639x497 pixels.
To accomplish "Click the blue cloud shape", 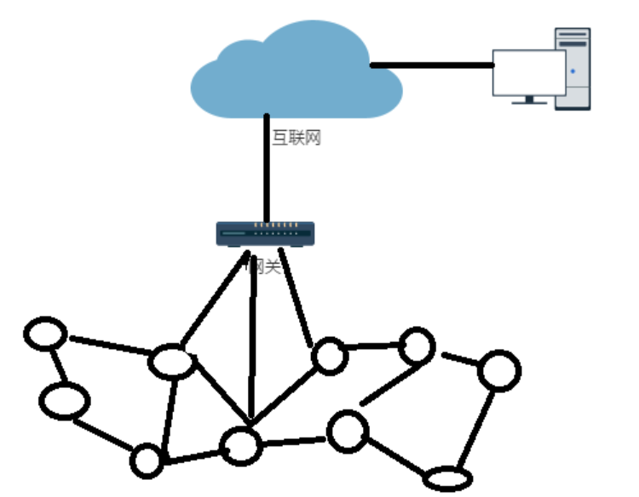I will pyautogui.click(x=294, y=72).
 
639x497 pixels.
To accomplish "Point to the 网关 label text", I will pyautogui.click(x=264, y=267).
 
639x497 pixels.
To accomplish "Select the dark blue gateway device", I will pyautogui.click(x=265, y=234).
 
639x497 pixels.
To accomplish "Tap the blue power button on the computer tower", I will pyautogui.click(x=573, y=71).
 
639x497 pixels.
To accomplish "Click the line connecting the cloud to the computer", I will pyautogui.click(x=431, y=65).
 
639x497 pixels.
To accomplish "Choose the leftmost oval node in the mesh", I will pyautogui.click(x=44, y=333).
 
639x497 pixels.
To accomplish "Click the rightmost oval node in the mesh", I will pyautogui.click(x=498, y=371).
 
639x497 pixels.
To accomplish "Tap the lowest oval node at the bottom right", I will pyautogui.click(x=446, y=479).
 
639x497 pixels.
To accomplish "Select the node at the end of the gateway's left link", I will pyautogui.click(x=171, y=362).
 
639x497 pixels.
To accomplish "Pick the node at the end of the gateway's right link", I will pyautogui.click(x=329, y=356).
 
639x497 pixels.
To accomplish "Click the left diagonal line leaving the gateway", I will pyautogui.click(x=213, y=302).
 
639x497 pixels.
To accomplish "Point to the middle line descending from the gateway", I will pyautogui.click(x=252, y=340).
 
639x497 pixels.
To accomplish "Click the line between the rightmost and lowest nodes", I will pyautogui.click(x=475, y=430).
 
